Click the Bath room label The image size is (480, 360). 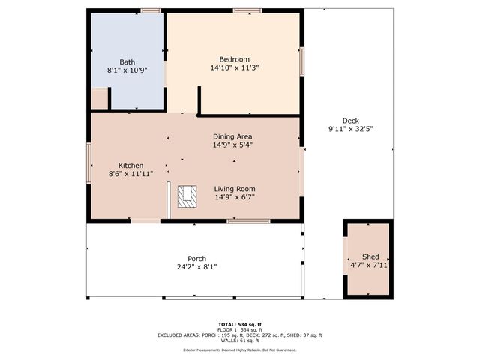(x=127, y=61)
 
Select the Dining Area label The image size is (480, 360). (x=232, y=136)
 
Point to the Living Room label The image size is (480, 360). (x=235, y=189)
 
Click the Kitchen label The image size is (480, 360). (x=130, y=165)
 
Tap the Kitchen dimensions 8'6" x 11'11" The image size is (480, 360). (x=130, y=174)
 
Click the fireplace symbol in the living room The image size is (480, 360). (x=187, y=196)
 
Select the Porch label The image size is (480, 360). (x=196, y=258)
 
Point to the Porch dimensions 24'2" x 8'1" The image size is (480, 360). (x=196, y=267)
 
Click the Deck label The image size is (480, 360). (x=350, y=121)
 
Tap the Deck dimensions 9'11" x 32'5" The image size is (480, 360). (x=350, y=129)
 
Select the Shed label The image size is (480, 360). (x=370, y=256)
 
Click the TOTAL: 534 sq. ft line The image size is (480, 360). (x=240, y=324)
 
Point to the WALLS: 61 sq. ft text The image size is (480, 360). (x=240, y=340)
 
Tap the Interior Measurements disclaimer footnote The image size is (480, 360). (x=240, y=350)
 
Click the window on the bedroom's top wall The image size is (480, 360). (x=247, y=11)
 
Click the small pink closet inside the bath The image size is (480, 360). (x=99, y=99)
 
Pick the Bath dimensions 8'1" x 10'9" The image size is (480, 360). (x=127, y=70)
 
